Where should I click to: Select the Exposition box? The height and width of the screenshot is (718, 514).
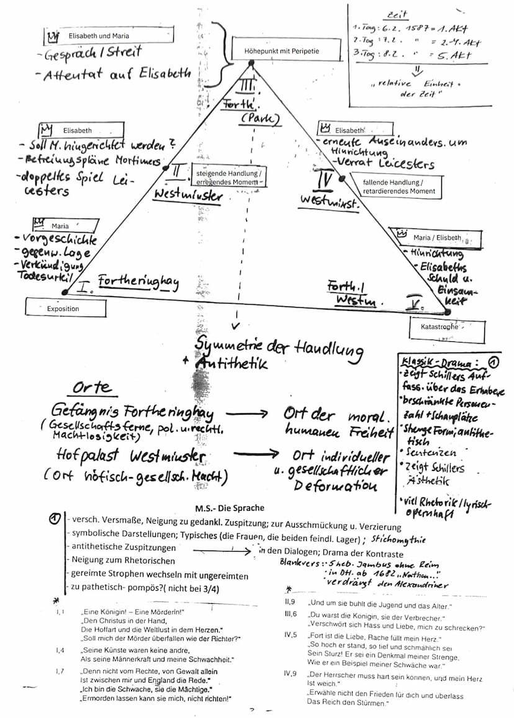tap(63, 308)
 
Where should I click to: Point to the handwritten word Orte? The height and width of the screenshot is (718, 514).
tap(92, 388)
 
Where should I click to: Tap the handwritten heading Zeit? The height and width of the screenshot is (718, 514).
tap(397, 14)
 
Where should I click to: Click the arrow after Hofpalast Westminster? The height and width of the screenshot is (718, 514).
tap(255, 455)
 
